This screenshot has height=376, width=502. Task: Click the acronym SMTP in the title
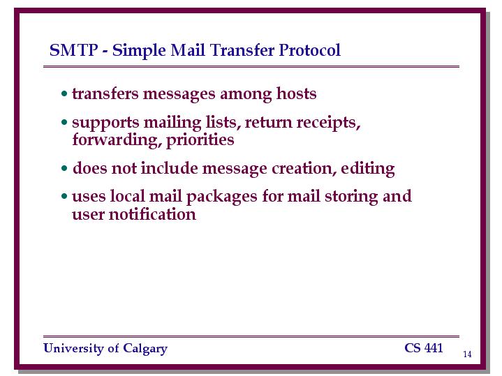point(73,50)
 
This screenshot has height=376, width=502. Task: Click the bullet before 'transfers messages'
point(64,94)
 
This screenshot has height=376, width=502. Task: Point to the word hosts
point(297,93)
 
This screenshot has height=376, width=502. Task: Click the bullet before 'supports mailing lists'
point(64,122)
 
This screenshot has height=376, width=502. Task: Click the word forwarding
point(115,140)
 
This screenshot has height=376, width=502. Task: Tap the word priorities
point(200,140)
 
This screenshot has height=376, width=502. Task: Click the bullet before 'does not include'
point(64,168)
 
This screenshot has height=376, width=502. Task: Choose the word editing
point(367,169)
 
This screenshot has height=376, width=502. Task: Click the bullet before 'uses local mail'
point(64,196)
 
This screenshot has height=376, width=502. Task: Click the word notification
point(152,213)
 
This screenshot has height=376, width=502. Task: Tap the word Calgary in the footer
point(145,349)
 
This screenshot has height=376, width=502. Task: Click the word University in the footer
point(73,349)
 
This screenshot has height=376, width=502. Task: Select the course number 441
point(434,348)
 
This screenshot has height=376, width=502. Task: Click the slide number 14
point(467,354)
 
